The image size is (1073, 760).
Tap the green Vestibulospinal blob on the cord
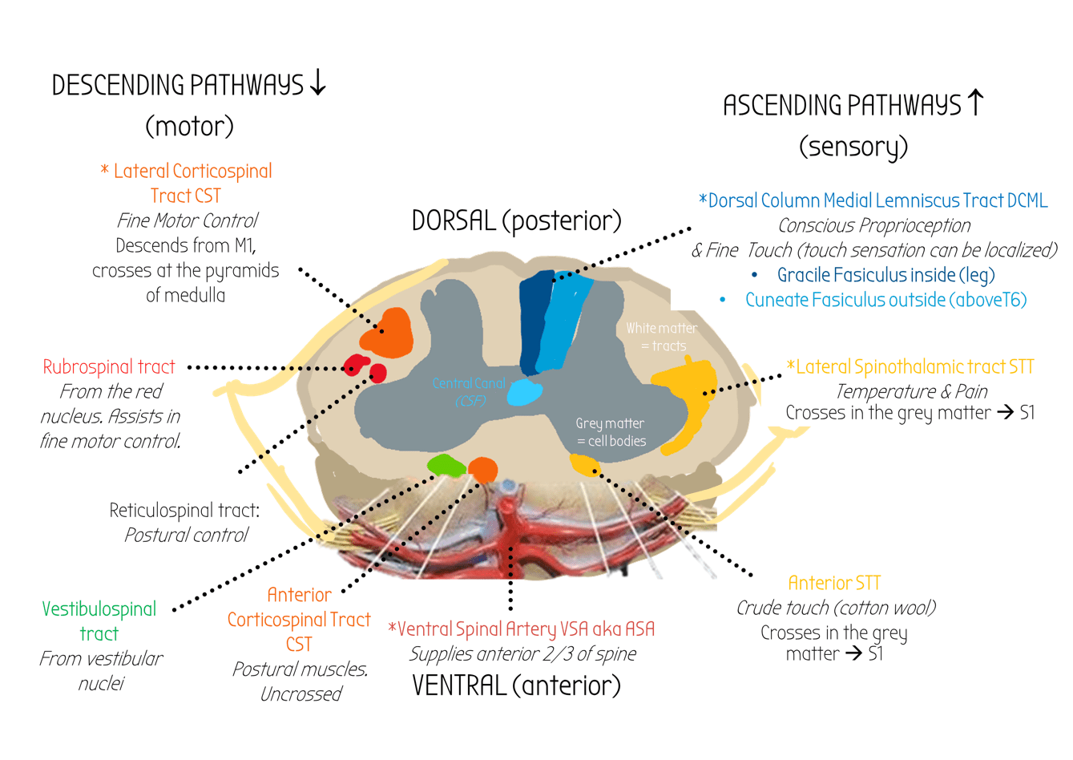(446, 465)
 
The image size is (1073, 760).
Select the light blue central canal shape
(525, 393)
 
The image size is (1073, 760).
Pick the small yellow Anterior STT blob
(584, 464)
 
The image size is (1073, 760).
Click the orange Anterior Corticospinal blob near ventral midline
(482, 468)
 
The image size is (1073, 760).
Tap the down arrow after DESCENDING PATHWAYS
(318, 83)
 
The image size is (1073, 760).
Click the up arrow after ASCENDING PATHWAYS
(975, 103)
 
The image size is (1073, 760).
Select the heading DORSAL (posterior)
(516, 220)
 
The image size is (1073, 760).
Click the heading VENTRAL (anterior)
(516, 685)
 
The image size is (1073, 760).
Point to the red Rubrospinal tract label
(109, 367)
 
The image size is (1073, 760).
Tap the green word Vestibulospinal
(99, 609)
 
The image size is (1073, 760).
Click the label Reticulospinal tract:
(184, 511)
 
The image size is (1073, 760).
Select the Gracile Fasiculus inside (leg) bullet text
(885, 275)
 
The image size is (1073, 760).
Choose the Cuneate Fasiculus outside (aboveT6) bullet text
(885, 300)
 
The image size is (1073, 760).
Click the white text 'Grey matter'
(610, 423)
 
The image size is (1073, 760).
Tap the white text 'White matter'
(661, 328)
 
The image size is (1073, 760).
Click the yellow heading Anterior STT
(834, 583)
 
